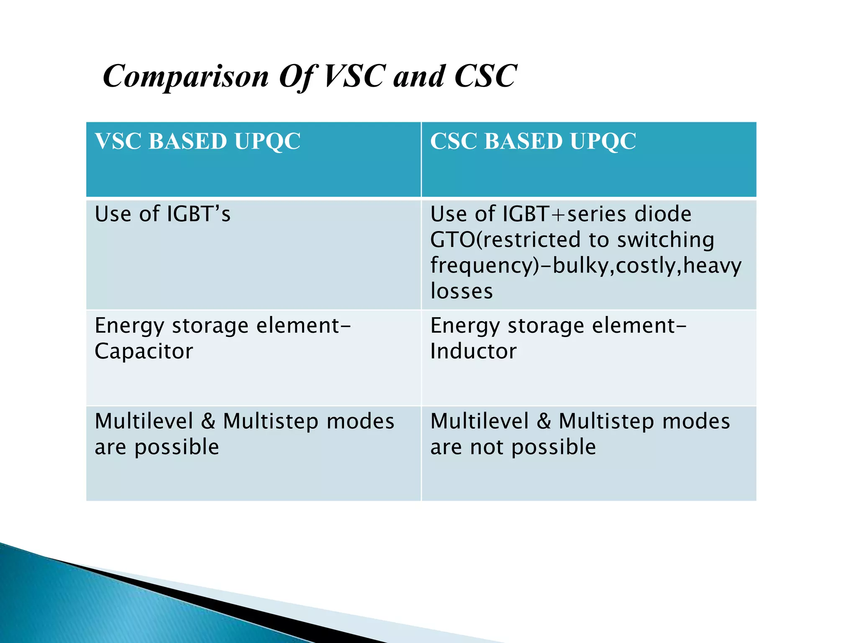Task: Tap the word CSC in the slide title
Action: click(485, 77)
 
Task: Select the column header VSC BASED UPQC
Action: click(198, 141)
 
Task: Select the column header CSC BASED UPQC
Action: click(533, 141)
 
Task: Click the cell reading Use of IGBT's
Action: click(162, 214)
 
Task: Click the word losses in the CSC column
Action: click(462, 291)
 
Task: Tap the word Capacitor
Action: click(144, 351)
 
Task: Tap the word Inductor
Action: click(473, 351)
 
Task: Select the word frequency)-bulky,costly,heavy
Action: click(586, 266)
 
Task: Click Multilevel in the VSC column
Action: click(144, 421)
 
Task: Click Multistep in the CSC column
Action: click(606, 421)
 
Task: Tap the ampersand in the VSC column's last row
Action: click(208, 421)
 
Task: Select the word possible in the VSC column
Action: click(177, 447)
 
